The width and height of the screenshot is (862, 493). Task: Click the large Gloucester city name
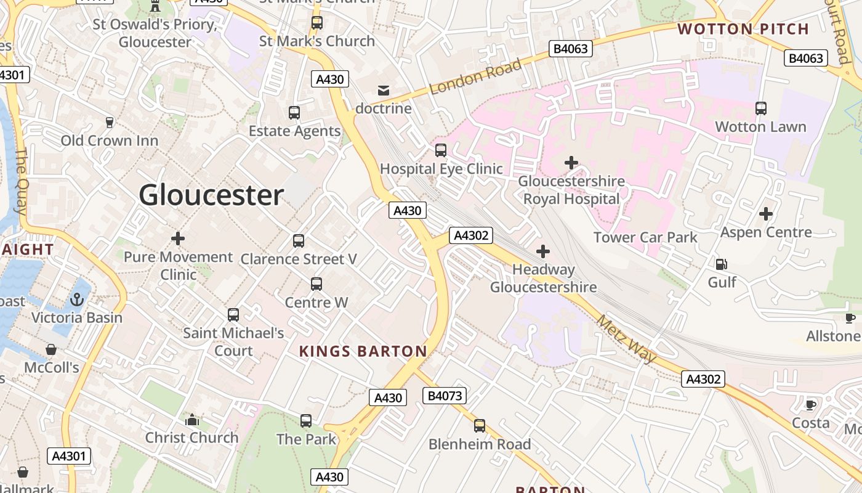click(211, 195)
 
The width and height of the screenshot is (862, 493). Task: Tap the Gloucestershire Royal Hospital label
click(571, 190)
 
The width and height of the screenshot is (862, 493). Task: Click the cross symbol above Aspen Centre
click(766, 214)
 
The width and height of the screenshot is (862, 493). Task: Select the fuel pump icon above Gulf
click(721, 264)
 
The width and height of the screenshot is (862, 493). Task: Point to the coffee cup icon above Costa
click(811, 405)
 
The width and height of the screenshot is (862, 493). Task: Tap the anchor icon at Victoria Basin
click(77, 299)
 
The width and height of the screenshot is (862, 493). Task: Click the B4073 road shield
click(444, 396)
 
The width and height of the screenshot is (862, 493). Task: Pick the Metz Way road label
click(627, 339)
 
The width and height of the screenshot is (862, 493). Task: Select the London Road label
click(475, 76)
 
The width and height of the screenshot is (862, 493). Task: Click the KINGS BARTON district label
click(363, 352)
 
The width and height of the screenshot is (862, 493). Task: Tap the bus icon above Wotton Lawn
click(761, 108)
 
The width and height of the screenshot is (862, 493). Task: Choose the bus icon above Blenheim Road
click(479, 425)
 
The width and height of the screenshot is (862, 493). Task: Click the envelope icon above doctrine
click(384, 91)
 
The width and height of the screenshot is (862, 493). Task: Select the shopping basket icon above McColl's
click(51, 349)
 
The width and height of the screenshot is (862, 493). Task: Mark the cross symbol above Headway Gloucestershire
click(543, 251)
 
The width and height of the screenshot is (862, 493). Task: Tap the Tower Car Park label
click(645, 237)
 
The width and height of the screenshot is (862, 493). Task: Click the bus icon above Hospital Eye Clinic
click(441, 150)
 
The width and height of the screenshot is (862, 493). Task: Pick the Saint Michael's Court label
click(233, 341)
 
